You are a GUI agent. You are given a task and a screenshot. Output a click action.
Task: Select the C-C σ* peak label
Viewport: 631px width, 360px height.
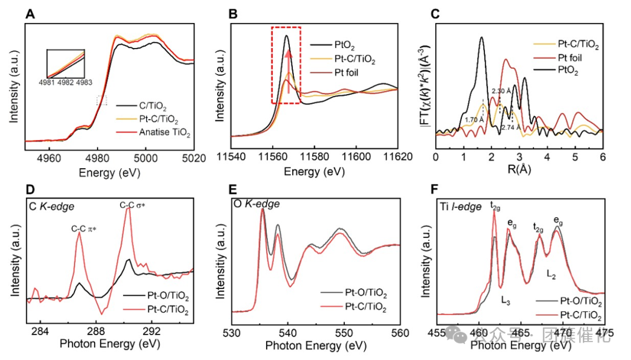tap(132, 205)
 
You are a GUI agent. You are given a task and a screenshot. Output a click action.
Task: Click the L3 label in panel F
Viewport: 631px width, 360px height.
tap(506, 300)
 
